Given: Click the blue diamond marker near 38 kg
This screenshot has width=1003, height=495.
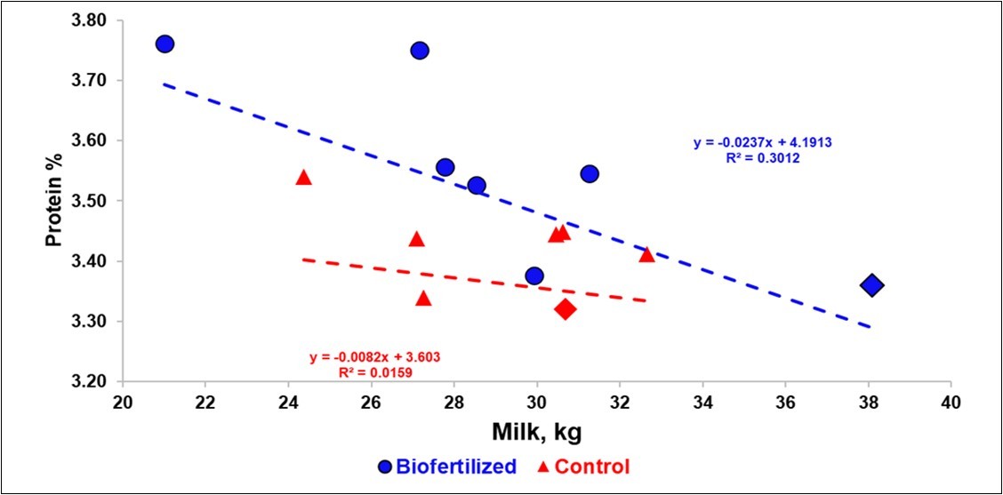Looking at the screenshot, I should point(871,285).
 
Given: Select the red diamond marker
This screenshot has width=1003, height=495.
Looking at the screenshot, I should point(566,309).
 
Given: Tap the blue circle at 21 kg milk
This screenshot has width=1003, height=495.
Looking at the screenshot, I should point(164,44).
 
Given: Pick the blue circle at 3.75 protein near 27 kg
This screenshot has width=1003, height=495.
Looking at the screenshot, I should point(420,51).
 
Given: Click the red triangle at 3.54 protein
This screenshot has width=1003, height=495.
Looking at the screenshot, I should point(303,178).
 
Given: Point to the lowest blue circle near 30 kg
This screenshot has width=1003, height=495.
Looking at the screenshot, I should point(534,276).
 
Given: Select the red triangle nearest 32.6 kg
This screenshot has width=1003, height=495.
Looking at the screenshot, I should point(646,255).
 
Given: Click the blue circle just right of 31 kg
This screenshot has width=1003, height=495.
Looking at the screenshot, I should point(590,173).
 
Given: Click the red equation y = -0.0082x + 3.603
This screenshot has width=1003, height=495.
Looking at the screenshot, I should point(374,356).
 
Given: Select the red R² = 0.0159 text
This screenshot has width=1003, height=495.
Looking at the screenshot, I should point(374,373).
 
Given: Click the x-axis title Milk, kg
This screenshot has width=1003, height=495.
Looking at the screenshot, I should point(534,433).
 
